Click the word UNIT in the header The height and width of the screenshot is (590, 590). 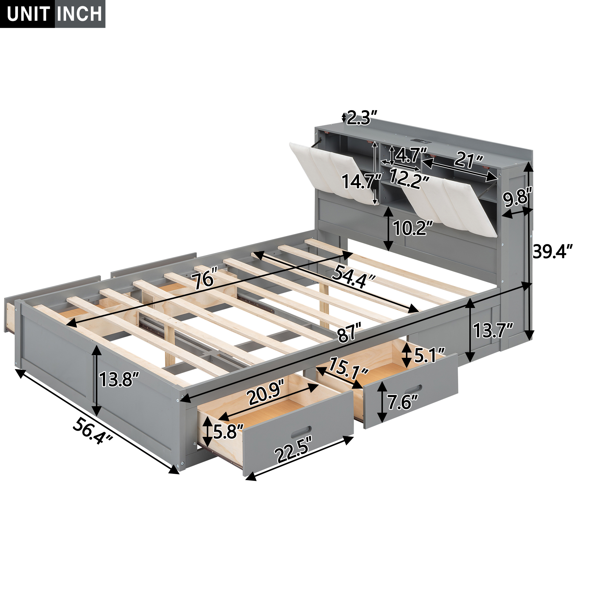click(x=28, y=14)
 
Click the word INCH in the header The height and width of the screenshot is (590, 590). click(x=79, y=14)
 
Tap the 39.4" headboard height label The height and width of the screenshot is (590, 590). click(x=553, y=251)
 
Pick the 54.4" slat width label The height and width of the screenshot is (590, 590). click(x=353, y=276)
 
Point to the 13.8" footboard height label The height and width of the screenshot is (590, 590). click(x=119, y=380)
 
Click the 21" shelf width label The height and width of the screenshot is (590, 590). click(x=468, y=159)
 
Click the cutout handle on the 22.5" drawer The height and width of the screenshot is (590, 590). click(x=301, y=432)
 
